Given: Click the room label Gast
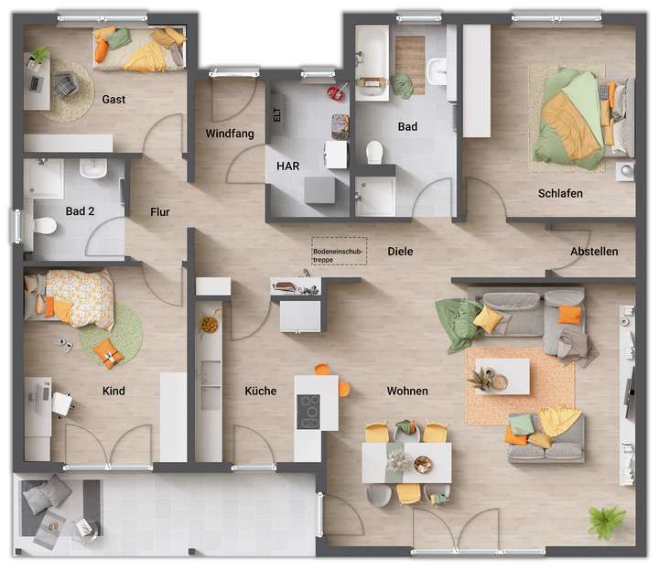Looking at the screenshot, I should [114, 99].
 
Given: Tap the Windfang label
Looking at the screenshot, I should [229, 134].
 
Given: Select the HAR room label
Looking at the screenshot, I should [288, 166].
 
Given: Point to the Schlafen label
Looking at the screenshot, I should [560, 194].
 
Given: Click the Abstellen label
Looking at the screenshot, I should [594, 252].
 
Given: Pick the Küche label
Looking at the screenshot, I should [261, 391].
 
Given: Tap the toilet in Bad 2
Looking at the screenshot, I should [43, 225].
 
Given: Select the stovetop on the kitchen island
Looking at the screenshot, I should [308, 411].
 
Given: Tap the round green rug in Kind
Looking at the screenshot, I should [111, 335].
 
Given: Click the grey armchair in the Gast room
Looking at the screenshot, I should [65, 85].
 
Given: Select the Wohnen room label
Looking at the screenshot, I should [407, 391].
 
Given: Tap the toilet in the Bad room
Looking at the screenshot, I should [374, 151].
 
